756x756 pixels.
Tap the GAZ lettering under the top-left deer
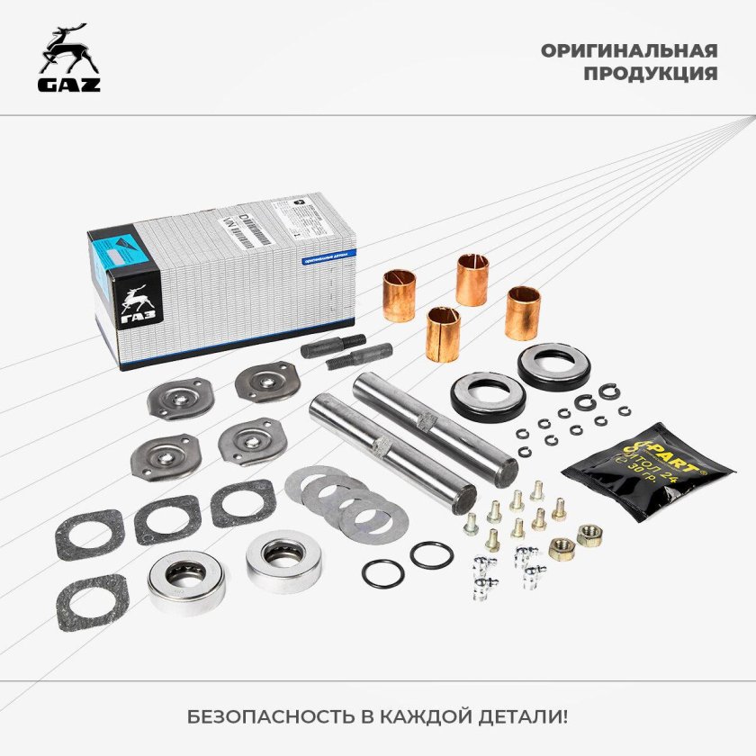[x=69, y=85]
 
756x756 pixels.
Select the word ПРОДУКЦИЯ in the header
[x=650, y=74]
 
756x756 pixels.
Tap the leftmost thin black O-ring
[x=382, y=571]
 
